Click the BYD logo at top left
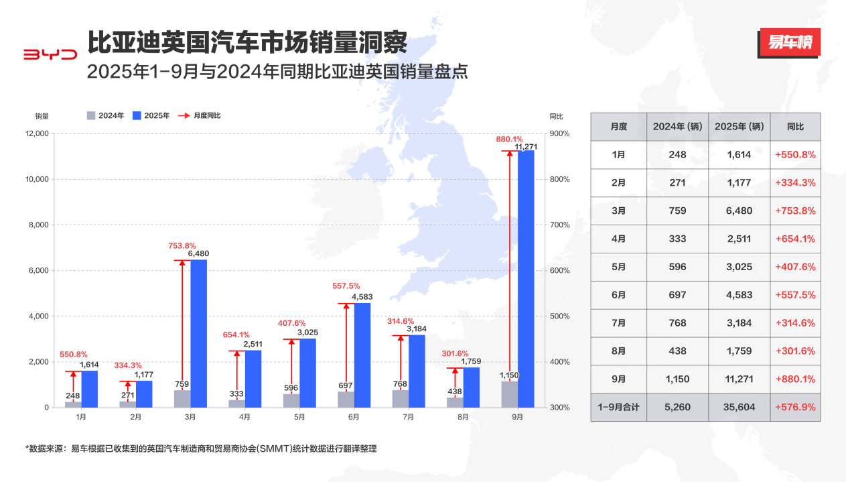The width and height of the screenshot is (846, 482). [50, 54]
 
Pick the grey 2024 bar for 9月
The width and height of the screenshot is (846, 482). [509, 394]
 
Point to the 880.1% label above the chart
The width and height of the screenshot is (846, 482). [509, 139]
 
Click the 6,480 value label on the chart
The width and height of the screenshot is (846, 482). [199, 253]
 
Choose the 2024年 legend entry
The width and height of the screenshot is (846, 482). [106, 115]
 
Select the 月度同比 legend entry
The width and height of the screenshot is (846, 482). [199, 115]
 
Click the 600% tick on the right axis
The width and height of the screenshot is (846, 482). [559, 271]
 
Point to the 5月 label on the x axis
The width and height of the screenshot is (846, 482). [299, 417]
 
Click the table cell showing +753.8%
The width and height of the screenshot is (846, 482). [795, 210]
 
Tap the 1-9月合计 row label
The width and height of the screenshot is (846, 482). [618, 407]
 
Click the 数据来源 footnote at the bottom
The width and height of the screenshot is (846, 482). [201, 448]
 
